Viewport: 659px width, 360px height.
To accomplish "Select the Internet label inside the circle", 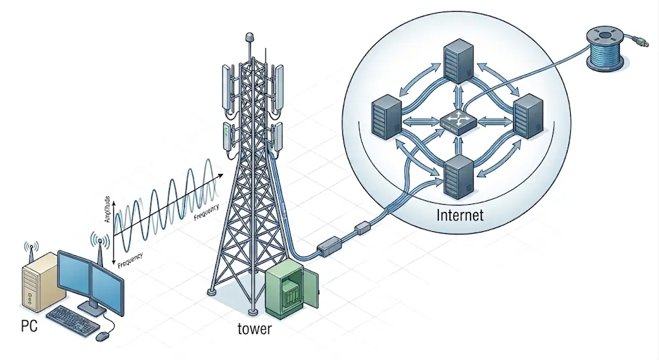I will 459,214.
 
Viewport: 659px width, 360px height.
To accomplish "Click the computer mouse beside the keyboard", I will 102,336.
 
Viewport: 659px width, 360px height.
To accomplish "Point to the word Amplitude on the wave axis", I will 107,209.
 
